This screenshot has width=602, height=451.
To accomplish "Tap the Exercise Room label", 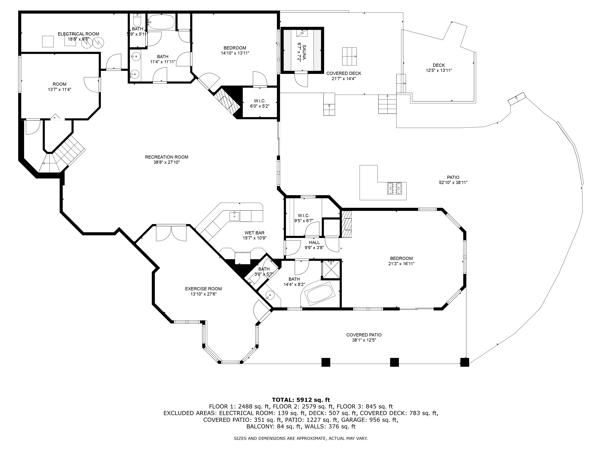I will pyautogui.click(x=203, y=289).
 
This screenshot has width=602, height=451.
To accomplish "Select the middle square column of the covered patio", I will pyautogui.click(x=394, y=362).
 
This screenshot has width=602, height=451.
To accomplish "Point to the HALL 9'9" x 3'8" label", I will pyautogui.click(x=314, y=245).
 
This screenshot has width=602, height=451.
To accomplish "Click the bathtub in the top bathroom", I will pyautogui.click(x=161, y=22).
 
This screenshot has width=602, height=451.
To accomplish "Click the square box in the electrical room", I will pyautogui.click(x=48, y=41).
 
